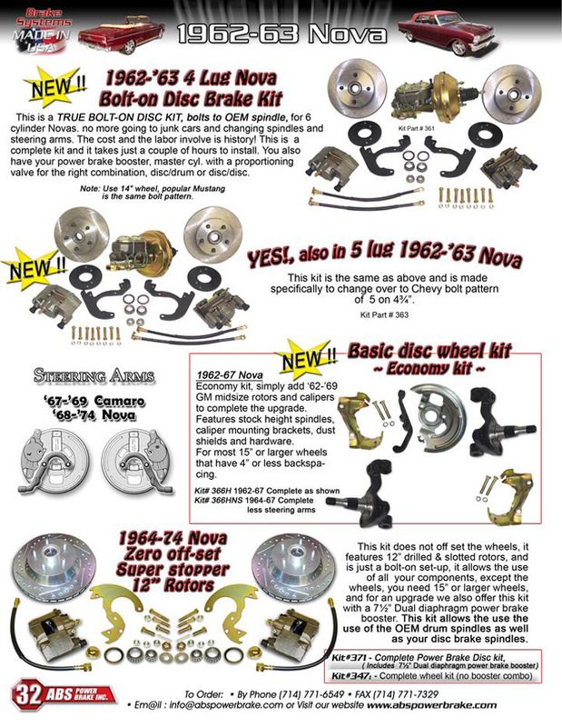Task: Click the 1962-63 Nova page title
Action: click(x=281, y=34)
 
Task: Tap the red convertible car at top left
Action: click(x=121, y=34)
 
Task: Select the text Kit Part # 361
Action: click(x=416, y=128)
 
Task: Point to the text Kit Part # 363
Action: click(x=385, y=314)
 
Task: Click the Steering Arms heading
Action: click(x=94, y=376)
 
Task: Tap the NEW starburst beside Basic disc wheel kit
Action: click(x=306, y=358)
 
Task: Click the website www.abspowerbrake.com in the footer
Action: click(x=431, y=705)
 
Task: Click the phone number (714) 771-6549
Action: click(x=311, y=694)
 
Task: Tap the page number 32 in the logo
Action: click(x=28, y=694)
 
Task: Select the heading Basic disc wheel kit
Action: click(x=429, y=351)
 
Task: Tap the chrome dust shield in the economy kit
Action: click(x=439, y=412)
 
